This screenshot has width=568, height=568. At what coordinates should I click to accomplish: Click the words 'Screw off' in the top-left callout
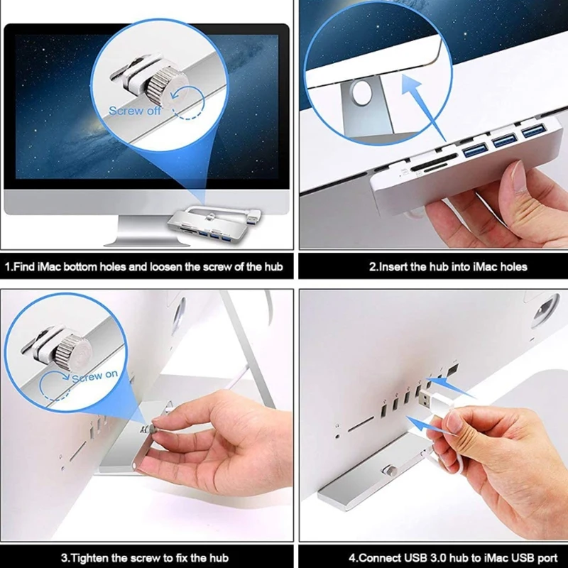[x=135, y=111]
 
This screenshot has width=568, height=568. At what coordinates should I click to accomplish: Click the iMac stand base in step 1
[x=148, y=233]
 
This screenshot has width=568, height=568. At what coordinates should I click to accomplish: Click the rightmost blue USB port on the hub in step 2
[x=534, y=131]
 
